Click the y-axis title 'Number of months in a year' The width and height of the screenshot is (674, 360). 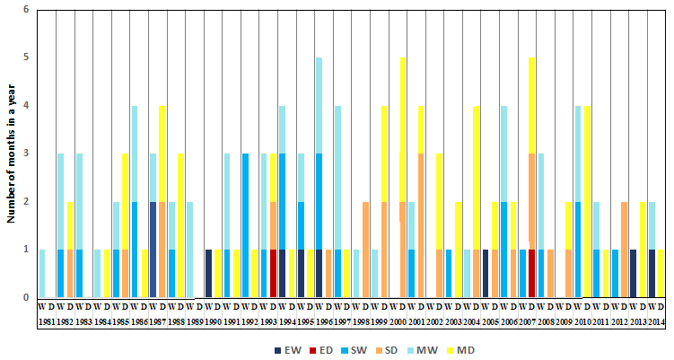pyautogui.click(x=11, y=153)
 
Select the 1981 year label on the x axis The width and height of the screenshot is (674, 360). pyautogui.click(x=47, y=320)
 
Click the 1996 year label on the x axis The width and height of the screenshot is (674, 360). pyautogui.click(x=325, y=320)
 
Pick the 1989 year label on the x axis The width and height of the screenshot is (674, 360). pyautogui.click(x=195, y=320)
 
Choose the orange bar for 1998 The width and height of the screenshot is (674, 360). pyautogui.click(x=365, y=249)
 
